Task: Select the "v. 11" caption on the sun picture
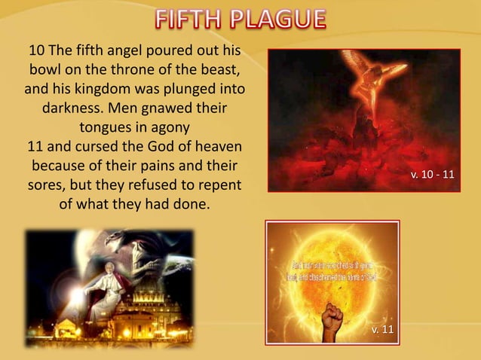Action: pyautogui.click(x=381, y=331)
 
